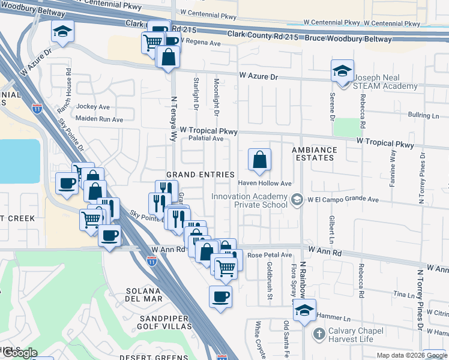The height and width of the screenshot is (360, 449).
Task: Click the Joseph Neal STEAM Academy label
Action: [385, 82]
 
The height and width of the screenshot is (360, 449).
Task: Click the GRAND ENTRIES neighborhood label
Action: [200, 175]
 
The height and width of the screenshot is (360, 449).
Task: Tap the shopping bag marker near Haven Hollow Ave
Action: [259, 160]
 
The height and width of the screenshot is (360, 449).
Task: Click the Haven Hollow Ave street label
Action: [265, 184]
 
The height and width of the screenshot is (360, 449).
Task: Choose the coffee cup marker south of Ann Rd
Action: [220, 296]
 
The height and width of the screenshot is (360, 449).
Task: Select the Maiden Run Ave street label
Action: [99, 119]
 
